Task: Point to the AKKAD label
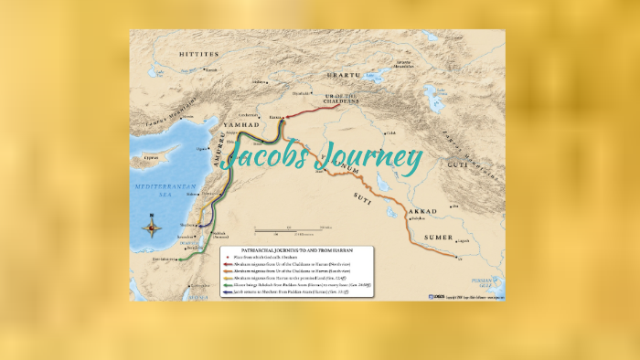tap(422, 211)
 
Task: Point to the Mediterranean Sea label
tap(158, 188)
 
